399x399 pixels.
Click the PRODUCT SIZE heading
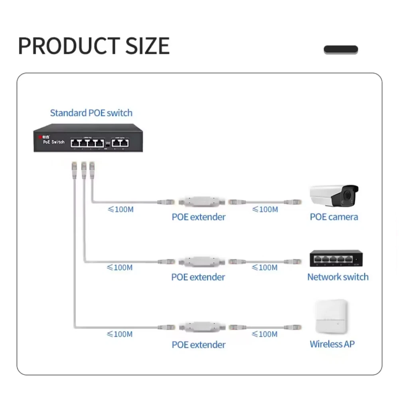coord(94,46)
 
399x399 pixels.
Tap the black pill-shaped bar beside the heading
coord(341,50)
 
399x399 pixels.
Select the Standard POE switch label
coord(91,113)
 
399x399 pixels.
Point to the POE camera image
coord(334,196)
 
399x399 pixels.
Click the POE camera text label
coord(334,217)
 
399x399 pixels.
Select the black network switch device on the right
coord(336,259)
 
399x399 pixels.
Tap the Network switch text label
coord(338,277)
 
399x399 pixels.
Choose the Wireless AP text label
coord(332,344)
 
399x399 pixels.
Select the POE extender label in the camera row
coord(199,217)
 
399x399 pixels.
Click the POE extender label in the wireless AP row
coord(199,345)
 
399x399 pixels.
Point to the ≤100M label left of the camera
coord(265,209)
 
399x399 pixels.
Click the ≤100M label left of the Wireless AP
coord(265,334)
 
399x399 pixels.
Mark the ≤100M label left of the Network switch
coord(265,267)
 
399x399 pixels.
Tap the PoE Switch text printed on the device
coord(53,142)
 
